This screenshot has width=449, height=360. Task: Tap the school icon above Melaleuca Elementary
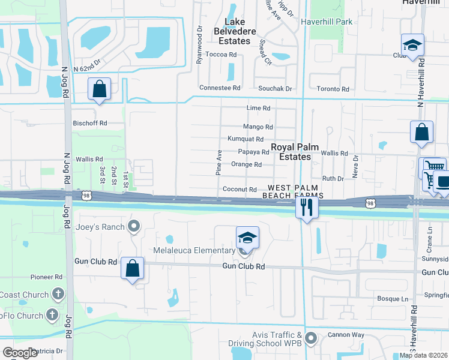click(247, 238)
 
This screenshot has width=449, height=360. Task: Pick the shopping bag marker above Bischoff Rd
click(100, 89)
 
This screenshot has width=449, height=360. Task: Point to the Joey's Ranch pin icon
click(133, 226)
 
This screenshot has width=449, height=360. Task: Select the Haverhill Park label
click(327, 22)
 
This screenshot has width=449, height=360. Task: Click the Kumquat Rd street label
click(246, 139)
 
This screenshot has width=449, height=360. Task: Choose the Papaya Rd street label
click(253, 152)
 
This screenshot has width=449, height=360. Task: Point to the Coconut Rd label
click(240, 190)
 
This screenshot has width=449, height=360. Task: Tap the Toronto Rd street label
click(333, 89)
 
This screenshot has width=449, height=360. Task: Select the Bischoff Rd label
click(89, 123)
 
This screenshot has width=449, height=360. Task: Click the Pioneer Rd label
click(47, 277)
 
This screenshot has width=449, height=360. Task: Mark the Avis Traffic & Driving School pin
click(310, 338)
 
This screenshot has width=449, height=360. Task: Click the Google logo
click(20, 352)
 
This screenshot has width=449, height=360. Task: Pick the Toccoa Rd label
click(221, 54)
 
